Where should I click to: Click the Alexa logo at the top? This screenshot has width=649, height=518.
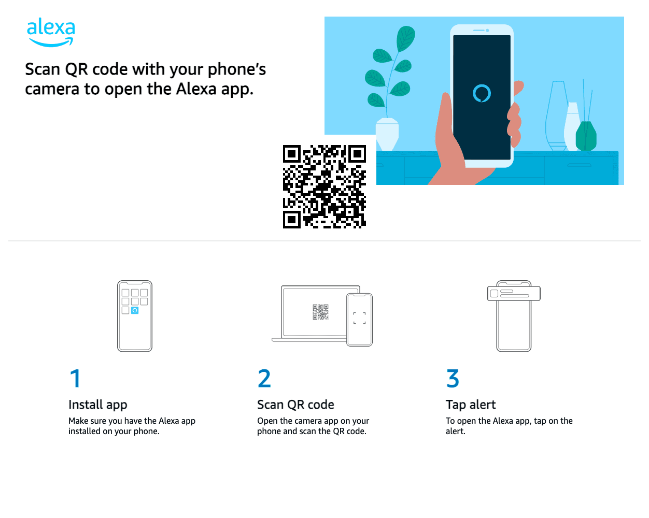click(x=51, y=32)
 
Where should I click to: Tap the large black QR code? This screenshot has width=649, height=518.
click(x=324, y=186)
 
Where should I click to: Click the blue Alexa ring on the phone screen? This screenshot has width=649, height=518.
click(x=482, y=93)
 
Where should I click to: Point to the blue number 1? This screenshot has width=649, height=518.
click(x=75, y=378)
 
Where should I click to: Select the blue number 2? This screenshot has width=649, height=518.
click(x=264, y=378)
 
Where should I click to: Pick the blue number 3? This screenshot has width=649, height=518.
click(x=453, y=378)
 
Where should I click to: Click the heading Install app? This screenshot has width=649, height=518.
click(x=97, y=405)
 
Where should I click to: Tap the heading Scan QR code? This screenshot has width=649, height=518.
click(x=295, y=405)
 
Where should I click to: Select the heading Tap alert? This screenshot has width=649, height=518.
click(x=471, y=405)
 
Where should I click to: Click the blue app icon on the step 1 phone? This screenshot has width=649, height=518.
click(x=135, y=310)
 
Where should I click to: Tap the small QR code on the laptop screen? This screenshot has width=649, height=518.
click(x=320, y=312)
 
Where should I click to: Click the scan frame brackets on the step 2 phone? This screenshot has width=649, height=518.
click(x=359, y=318)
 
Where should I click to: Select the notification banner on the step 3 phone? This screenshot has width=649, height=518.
click(x=514, y=294)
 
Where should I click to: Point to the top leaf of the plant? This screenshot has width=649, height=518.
click(x=406, y=38)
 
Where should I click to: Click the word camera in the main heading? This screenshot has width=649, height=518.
click(x=52, y=89)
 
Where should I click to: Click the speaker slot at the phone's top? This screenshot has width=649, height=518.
click(x=479, y=31)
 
